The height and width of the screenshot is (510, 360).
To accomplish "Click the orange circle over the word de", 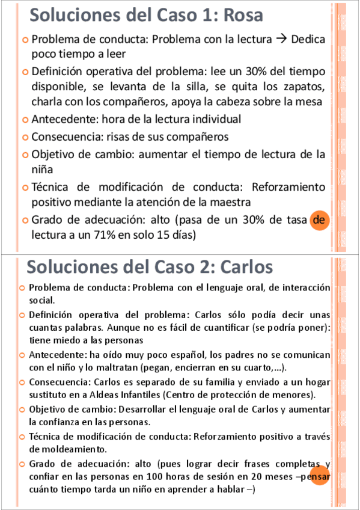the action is pyautogui.click(x=319, y=221).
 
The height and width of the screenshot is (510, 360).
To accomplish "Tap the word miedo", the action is pyautogui.click(x=63, y=340).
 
